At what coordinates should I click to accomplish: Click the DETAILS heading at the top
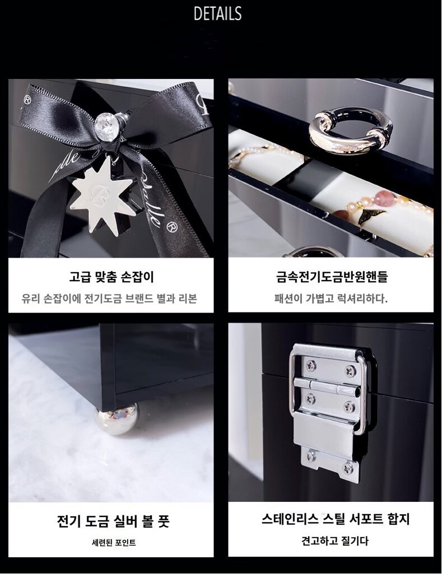[217, 13]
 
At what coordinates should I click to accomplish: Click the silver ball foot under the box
[117, 418]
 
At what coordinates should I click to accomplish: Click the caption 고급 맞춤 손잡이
[111, 277]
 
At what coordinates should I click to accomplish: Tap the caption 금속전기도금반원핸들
[332, 277]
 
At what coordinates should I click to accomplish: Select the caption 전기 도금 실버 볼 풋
[113, 521]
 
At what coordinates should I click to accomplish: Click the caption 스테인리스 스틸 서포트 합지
[336, 519]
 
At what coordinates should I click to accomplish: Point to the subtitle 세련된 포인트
[114, 543]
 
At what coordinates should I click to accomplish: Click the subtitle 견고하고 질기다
[335, 541]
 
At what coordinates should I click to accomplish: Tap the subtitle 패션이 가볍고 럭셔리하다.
[331, 298]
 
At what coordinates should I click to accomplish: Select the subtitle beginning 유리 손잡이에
[109, 298]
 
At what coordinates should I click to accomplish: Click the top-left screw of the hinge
[310, 365]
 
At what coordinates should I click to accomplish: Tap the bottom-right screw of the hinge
[348, 468]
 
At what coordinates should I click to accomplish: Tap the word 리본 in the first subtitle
[188, 298]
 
